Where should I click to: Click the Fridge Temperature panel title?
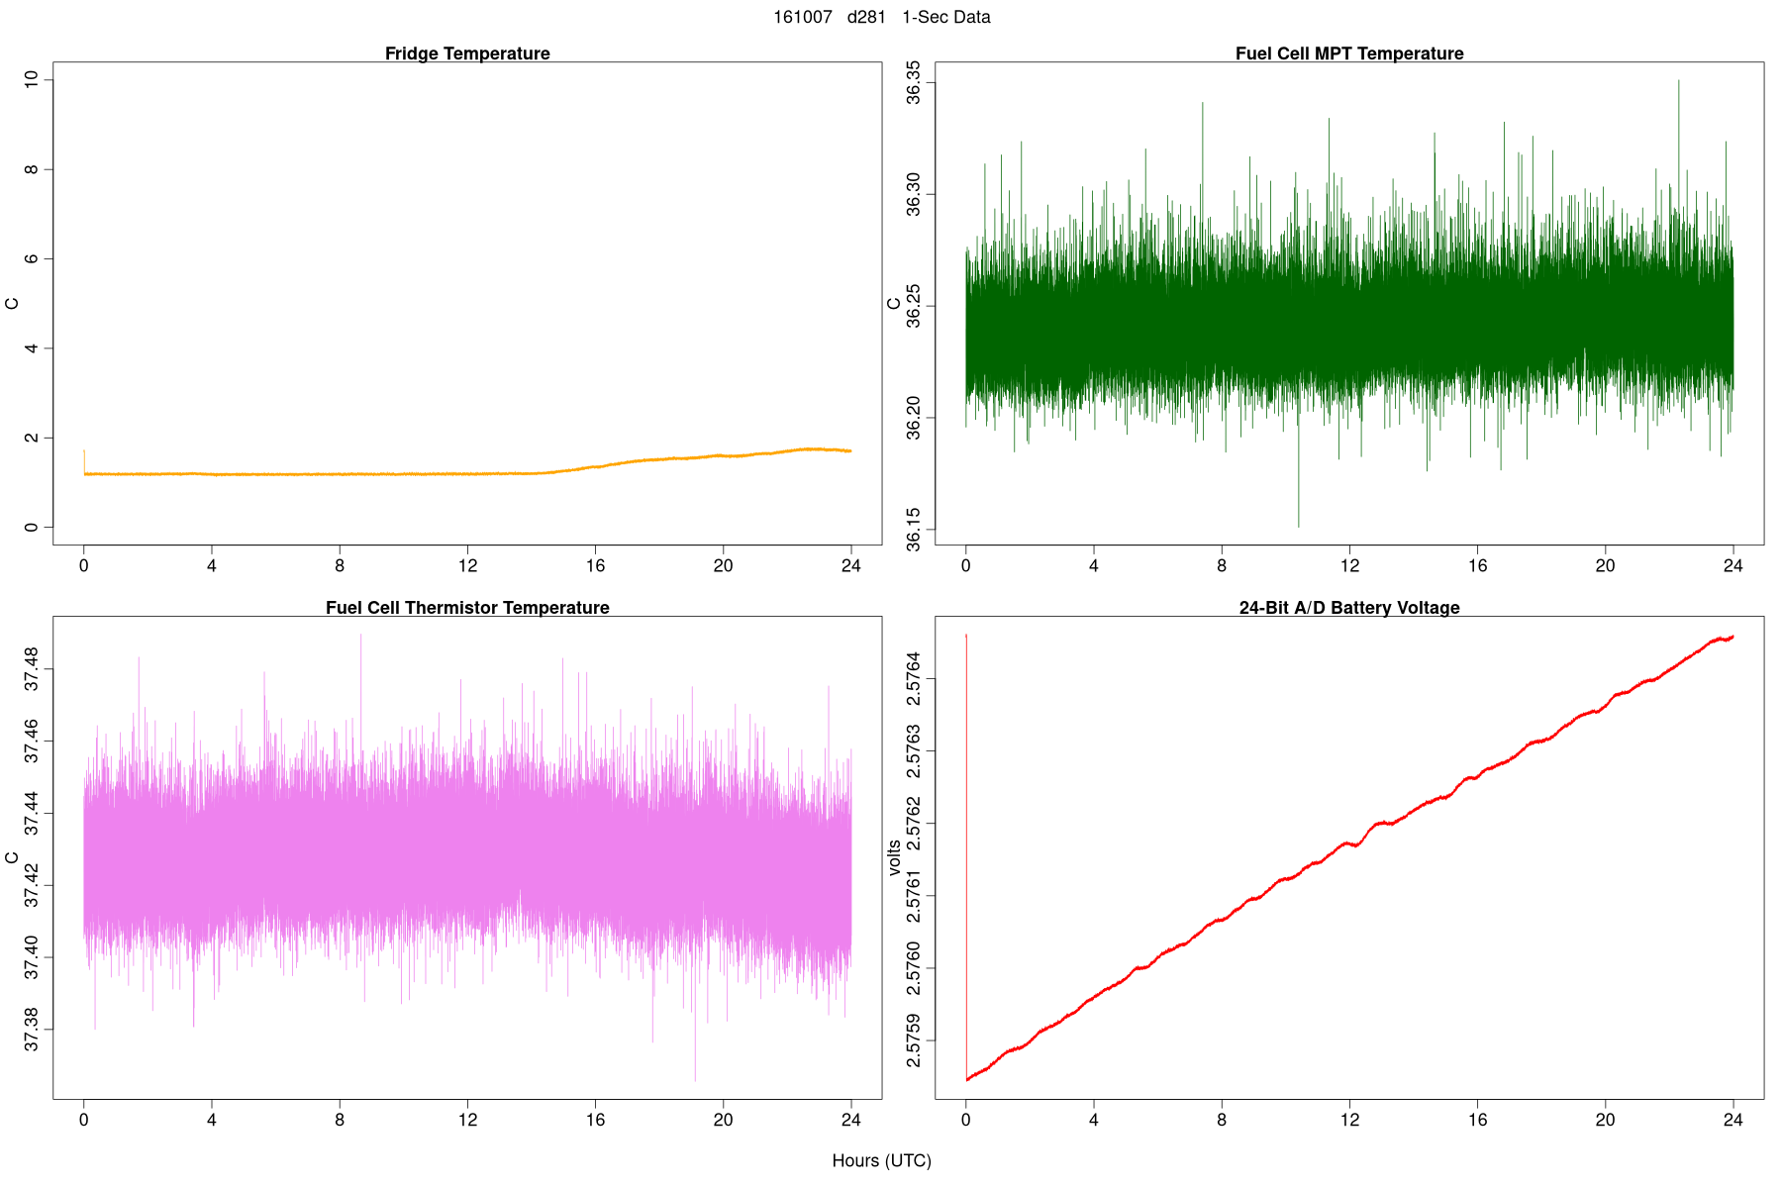(467, 53)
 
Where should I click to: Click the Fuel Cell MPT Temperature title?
(1349, 53)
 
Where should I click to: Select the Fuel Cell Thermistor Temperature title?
(467, 608)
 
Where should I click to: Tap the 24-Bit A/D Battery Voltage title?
(1349, 608)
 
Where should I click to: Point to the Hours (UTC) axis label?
(881, 1160)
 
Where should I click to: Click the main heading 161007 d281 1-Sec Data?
(881, 17)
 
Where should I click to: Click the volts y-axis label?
(895, 857)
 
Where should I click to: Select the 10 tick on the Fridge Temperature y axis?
(33, 79)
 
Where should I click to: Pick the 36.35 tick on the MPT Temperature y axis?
(914, 82)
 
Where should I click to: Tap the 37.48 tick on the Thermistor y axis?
(33, 669)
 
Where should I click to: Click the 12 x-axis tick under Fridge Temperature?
(467, 566)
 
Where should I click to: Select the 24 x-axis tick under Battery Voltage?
(1732, 1120)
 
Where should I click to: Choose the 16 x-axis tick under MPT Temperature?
(1477, 566)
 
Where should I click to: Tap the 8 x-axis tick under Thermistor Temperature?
(340, 1120)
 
